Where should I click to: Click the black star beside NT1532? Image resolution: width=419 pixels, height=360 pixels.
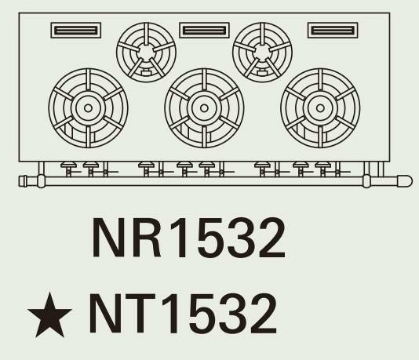pos(49,315)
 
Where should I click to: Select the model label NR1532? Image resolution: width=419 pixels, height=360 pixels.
pos(188,238)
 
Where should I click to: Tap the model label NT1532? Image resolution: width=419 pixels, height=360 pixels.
pos(183,313)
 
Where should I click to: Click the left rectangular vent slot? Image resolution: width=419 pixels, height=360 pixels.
pos(76,30)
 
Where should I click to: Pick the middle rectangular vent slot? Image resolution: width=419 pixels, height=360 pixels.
pos(204,30)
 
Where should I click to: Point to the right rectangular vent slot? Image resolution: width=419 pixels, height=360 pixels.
pos(333,30)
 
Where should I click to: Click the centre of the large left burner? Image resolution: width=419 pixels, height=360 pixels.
pos(88,108)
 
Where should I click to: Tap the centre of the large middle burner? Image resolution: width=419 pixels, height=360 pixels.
pos(204,108)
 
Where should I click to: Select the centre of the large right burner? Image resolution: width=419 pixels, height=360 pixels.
pos(320,108)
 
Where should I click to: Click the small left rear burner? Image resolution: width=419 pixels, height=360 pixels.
pos(146,52)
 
